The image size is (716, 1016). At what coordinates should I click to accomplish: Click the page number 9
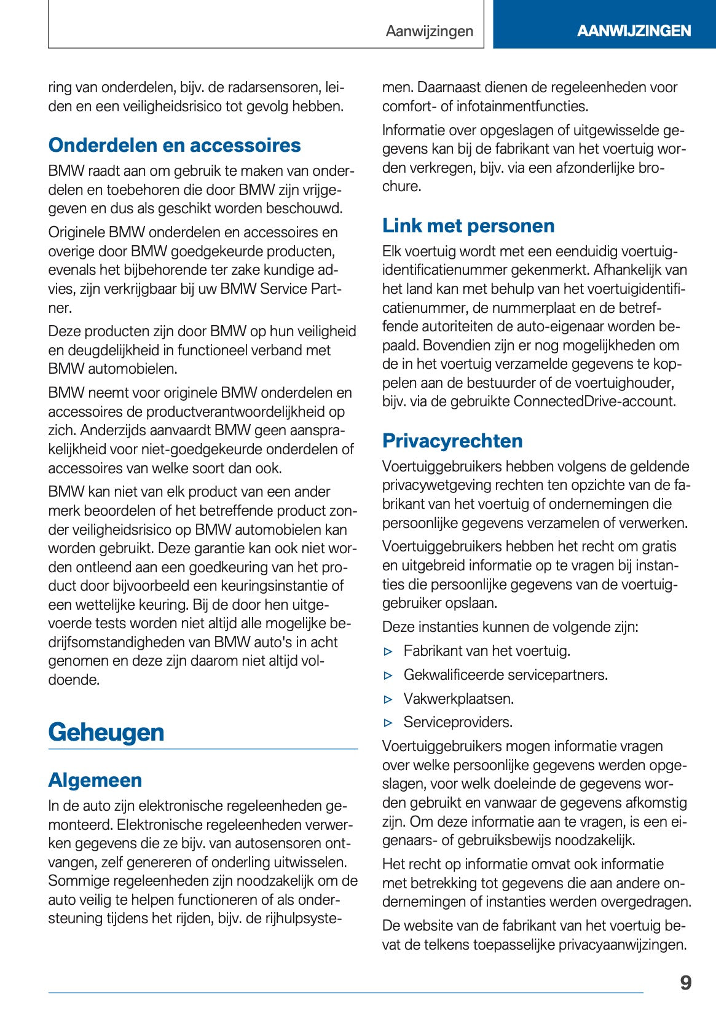tap(685, 983)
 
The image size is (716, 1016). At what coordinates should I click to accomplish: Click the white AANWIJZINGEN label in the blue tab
tap(634, 31)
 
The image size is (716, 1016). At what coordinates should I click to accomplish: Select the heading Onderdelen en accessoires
tap(175, 145)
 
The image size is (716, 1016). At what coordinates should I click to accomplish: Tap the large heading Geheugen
tap(106, 732)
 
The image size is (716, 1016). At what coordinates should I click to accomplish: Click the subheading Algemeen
tap(95, 780)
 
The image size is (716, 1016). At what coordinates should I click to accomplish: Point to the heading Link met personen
tap(468, 226)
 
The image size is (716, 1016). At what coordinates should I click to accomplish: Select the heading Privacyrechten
tap(452, 441)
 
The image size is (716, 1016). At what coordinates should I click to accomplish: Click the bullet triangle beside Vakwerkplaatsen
tap(388, 699)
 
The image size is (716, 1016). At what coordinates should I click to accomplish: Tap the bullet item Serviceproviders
tap(458, 722)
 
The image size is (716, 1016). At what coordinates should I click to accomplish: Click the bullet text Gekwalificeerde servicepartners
tap(505, 675)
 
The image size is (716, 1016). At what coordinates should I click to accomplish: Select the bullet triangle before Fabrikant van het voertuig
tap(388, 652)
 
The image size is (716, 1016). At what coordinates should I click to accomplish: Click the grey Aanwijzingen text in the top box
tap(430, 31)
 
